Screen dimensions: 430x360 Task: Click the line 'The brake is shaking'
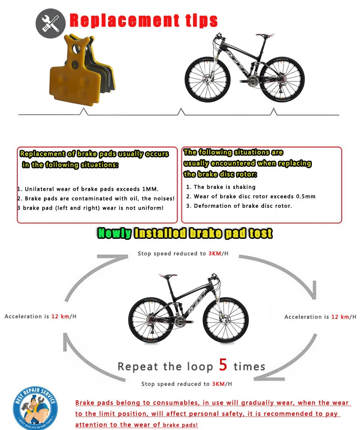point(225,187)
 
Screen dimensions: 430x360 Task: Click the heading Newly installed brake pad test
point(185,233)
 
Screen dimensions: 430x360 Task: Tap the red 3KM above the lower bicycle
point(214,254)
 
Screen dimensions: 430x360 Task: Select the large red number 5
point(224,365)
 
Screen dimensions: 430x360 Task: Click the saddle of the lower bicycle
point(168,276)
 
